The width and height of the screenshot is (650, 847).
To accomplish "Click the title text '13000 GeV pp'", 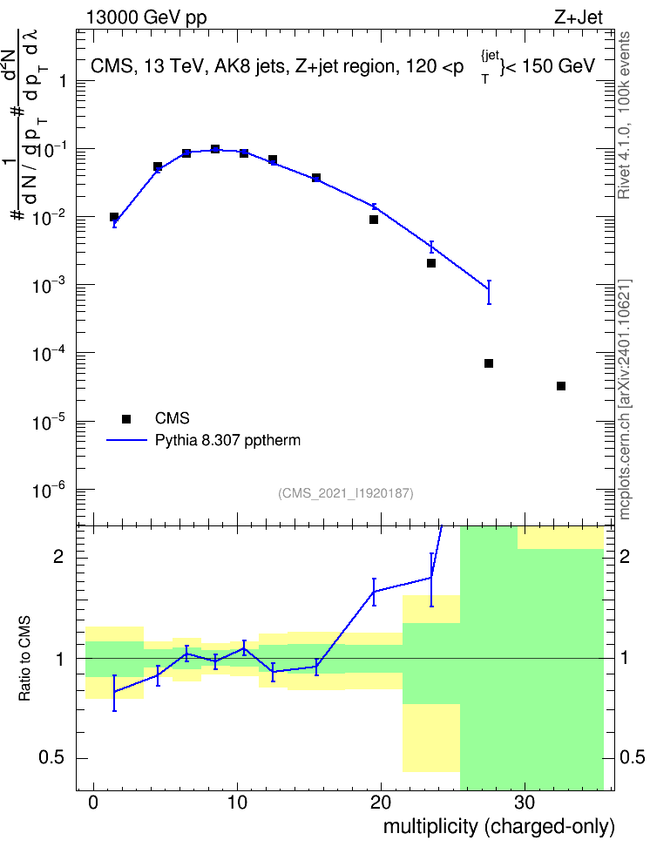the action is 146,17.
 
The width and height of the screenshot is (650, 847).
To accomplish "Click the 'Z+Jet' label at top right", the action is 579,17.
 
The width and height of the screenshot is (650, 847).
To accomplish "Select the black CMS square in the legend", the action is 126,418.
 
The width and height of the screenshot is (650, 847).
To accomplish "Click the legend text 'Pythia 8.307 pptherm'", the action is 227,440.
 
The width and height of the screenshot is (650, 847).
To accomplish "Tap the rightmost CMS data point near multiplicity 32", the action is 561,386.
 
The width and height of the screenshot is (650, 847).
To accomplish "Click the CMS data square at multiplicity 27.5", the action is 489,363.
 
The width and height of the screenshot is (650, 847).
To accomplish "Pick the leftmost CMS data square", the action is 114,217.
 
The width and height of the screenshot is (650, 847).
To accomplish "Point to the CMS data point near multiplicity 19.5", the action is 374,220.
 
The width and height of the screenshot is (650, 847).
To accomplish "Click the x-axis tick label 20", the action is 381,803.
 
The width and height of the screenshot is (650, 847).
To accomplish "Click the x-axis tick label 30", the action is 525,803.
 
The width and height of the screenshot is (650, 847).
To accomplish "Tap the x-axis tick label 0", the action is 93,803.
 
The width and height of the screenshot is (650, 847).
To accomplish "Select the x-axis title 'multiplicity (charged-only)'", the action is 498,826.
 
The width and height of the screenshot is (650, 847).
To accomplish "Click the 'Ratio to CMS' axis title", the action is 24,659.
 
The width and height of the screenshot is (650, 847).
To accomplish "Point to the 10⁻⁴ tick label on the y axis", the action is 49,353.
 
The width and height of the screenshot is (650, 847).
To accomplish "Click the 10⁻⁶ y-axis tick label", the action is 49,491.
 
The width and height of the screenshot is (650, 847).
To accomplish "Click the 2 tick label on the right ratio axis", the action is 625,556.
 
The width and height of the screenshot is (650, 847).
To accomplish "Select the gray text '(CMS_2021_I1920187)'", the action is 346,493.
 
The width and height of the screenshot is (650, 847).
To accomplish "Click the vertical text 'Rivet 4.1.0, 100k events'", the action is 624,115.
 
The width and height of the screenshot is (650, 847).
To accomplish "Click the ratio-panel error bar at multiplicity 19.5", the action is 374,592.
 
